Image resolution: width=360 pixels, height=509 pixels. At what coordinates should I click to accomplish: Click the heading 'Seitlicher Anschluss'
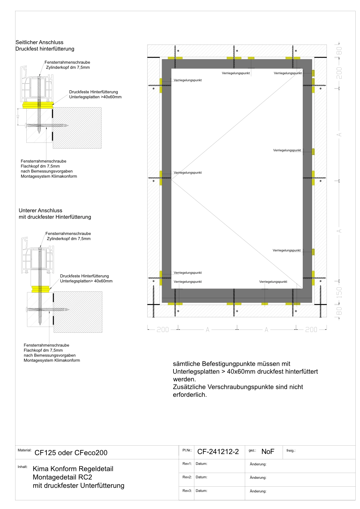[39, 42]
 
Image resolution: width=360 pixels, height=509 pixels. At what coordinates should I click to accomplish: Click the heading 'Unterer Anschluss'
[40, 210]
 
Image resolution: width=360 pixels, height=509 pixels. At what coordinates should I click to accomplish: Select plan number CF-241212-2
[218, 452]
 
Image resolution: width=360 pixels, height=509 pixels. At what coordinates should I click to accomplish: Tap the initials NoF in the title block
[268, 452]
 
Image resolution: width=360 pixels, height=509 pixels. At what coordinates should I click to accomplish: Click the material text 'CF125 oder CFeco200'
[71, 453]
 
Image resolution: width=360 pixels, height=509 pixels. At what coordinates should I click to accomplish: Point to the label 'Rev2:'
[187, 477]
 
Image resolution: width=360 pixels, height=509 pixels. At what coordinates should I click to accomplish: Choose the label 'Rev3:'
[187, 491]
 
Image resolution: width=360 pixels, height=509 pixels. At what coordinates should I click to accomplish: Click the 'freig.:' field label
[291, 451]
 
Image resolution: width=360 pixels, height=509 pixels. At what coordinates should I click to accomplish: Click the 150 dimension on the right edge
[339, 292]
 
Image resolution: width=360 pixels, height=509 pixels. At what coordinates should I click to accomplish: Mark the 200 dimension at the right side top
[339, 73]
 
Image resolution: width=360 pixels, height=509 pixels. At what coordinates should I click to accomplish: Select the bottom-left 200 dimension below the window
[163, 330]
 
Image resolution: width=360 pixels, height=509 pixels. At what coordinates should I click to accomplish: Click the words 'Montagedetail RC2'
[62, 477]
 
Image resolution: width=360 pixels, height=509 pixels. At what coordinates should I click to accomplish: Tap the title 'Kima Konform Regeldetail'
[73, 469]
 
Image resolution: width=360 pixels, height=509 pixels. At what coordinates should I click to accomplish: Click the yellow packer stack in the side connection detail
[38, 105]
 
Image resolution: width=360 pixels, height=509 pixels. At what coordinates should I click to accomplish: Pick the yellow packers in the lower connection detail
[41, 289]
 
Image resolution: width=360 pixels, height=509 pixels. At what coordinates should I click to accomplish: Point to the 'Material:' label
[24, 450]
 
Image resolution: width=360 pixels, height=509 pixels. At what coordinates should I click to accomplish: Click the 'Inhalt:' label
[23, 467]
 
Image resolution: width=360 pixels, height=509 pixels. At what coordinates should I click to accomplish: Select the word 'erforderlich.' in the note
[190, 395]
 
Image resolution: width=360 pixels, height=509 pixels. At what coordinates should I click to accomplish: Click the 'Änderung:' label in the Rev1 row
[258, 464]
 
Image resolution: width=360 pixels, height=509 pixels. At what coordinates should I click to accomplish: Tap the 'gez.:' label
[252, 450]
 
